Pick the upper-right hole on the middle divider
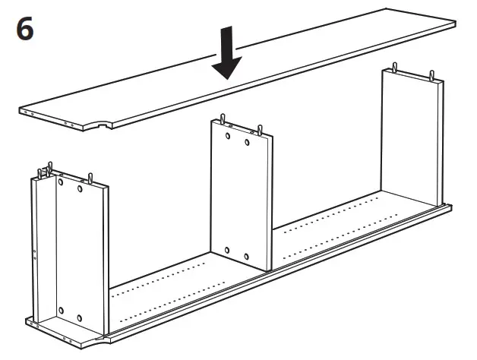pos(248,142)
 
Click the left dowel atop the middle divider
pos(223,120)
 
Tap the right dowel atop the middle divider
pos(259,130)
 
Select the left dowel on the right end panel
pos(394,68)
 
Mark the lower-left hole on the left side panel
pos(60,312)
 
